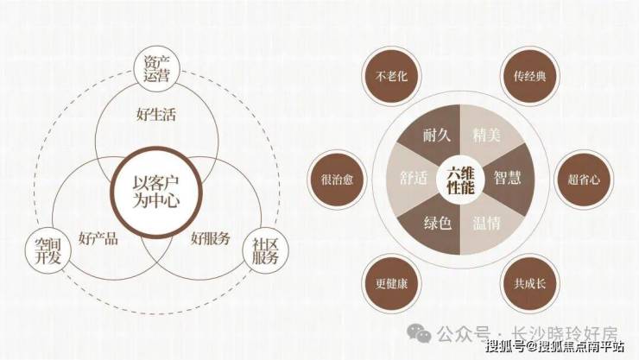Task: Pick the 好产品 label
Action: [98, 239]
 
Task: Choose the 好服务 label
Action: [211, 239]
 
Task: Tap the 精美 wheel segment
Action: [486, 136]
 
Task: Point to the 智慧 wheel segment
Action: [508, 180]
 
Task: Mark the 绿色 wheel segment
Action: [437, 223]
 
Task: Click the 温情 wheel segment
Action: [486, 223]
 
